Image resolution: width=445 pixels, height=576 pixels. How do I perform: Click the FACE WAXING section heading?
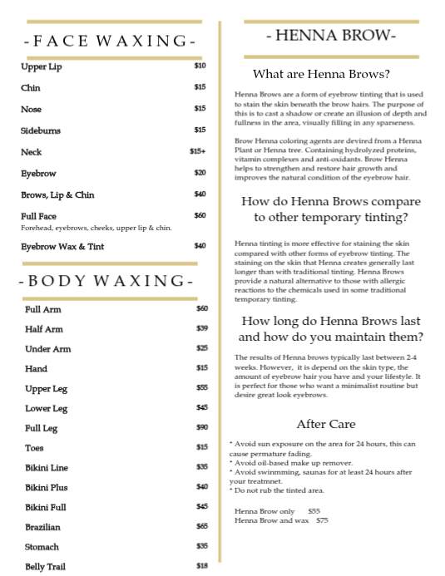click(x=111, y=41)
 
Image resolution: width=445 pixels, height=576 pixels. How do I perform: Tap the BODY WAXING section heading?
click(x=108, y=281)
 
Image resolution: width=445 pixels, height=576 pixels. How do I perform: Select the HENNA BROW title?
click(x=331, y=35)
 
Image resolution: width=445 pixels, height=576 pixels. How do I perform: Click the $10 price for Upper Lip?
click(x=200, y=66)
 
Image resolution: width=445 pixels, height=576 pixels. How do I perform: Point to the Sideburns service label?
click(x=41, y=130)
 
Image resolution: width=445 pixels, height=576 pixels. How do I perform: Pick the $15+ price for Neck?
click(x=198, y=151)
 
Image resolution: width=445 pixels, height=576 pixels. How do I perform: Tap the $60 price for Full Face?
click(x=200, y=215)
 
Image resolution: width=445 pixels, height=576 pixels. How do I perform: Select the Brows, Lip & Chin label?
click(x=57, y=194)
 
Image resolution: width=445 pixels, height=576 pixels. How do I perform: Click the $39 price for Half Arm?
click(x=202, y=328)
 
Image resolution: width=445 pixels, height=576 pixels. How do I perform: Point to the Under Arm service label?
click(x=47, y=349)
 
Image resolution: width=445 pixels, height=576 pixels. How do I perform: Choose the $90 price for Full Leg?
click(x=202, y=427)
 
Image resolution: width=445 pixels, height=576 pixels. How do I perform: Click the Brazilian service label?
click(x=42, y=527)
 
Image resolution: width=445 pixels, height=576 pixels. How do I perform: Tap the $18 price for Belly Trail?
click(x=202, y=566)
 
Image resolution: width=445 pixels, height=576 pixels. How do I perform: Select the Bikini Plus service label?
click(x=47, y=487)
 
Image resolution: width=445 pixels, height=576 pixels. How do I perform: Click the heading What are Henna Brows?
click(x=321, y=73)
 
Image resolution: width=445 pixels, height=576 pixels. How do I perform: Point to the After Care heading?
click(x=325, y=424)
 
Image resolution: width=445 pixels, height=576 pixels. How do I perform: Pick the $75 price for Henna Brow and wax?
click(x=323, y=520)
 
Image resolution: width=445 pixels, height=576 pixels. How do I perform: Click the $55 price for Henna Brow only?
click(x=314, y=511)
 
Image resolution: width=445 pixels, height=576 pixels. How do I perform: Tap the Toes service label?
click(x=35, y=448)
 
